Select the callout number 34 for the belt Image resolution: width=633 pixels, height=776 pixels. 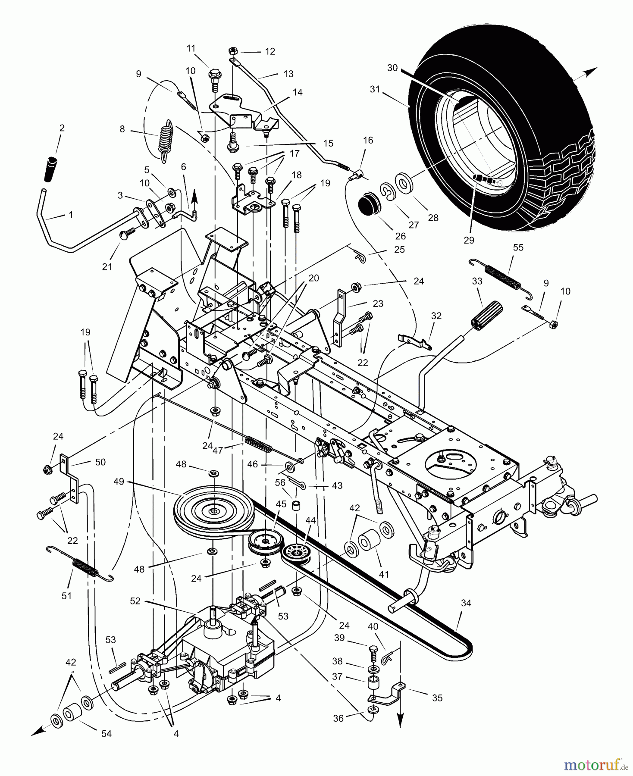(x=466, y=603)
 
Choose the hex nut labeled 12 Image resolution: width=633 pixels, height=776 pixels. (x=232, y=50)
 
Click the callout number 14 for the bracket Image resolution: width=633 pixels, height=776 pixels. (x=297, y=92)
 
